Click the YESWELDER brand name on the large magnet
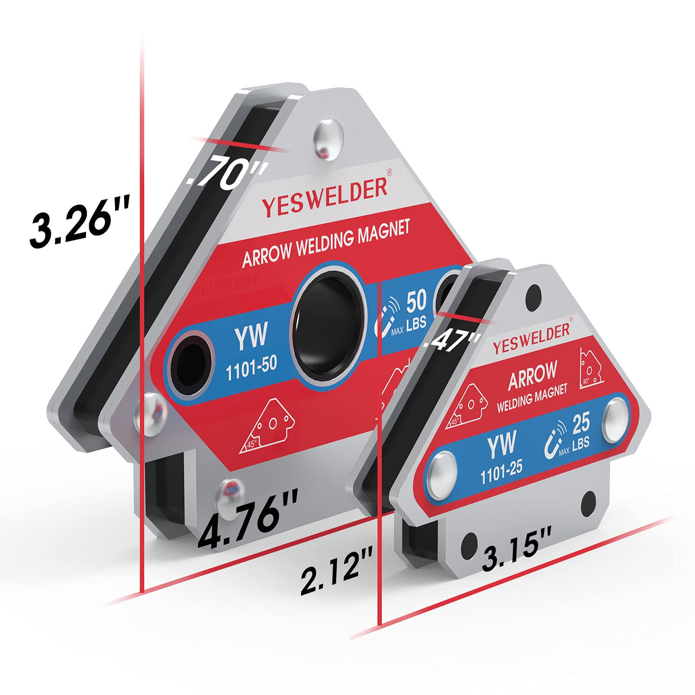(325, 198)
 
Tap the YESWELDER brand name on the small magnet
(531, 338)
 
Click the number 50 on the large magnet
(416, 302)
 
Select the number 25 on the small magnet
(581, 424)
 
